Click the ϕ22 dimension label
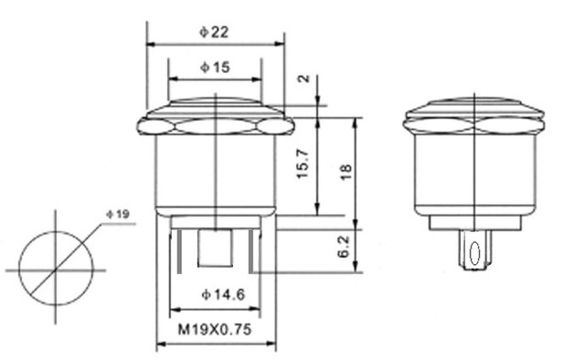pyautogui.click(x=214, y=32)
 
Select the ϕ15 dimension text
pyautogui.click(x=215, y=68)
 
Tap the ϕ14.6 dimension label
pyautogui.click(x=223, y=295)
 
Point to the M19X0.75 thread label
pyautogui.click(x=215, y=330)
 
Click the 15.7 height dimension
pyautogui.click(x=303, y=164)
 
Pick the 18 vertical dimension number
pyautogui.click(x=346, y=172)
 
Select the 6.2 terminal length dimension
pyautogui.click(x=344, y=246)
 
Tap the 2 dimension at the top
pyautogui.click(x=303, y=79)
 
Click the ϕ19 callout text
pyautogui.click(x=118, y=214)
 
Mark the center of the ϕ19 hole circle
pyautogui.click(x=56, y=269)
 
